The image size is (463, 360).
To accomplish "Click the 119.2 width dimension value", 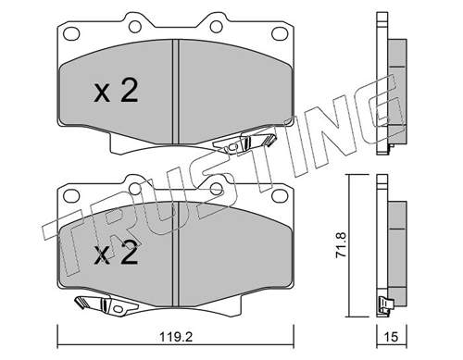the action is (176, 337).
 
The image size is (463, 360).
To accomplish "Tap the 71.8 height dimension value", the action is (342, 245).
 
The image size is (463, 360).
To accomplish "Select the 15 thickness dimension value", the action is (392, 337).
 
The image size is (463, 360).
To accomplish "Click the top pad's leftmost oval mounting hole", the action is (71, 33).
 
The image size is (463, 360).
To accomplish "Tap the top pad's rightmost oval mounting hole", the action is (280, 33).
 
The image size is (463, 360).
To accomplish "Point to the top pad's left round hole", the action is (135, 27).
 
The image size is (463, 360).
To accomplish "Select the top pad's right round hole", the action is (217, 27).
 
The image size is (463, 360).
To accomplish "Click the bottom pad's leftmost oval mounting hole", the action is (71, 195).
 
